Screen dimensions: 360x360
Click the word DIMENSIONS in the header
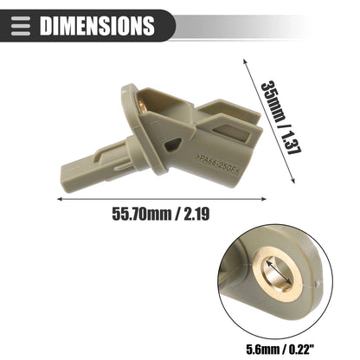coord(97,26)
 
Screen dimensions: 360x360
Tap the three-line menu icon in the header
coord(21,26)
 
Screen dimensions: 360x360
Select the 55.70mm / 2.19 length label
coord(161,214)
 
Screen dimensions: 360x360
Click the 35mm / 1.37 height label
coord(280,118)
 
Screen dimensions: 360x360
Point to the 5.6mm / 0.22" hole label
coord(280,350)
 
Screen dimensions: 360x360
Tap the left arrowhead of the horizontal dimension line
coord(60,199)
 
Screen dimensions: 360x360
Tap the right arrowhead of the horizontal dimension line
coord(263,199)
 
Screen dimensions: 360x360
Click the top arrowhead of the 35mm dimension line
coord(245,61)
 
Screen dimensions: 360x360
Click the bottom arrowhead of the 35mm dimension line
coord(292,180)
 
